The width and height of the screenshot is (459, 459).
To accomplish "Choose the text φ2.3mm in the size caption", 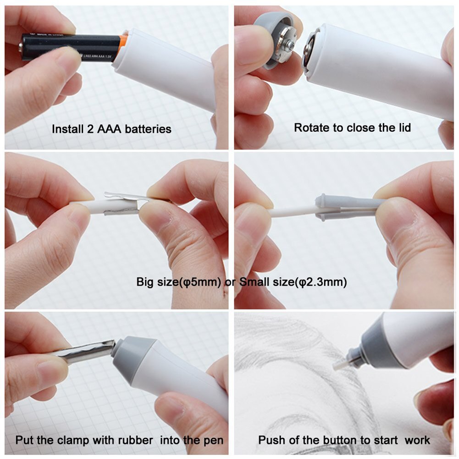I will [x=323, y=282].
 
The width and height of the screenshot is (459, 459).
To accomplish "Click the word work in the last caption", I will [x=418, y=441].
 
